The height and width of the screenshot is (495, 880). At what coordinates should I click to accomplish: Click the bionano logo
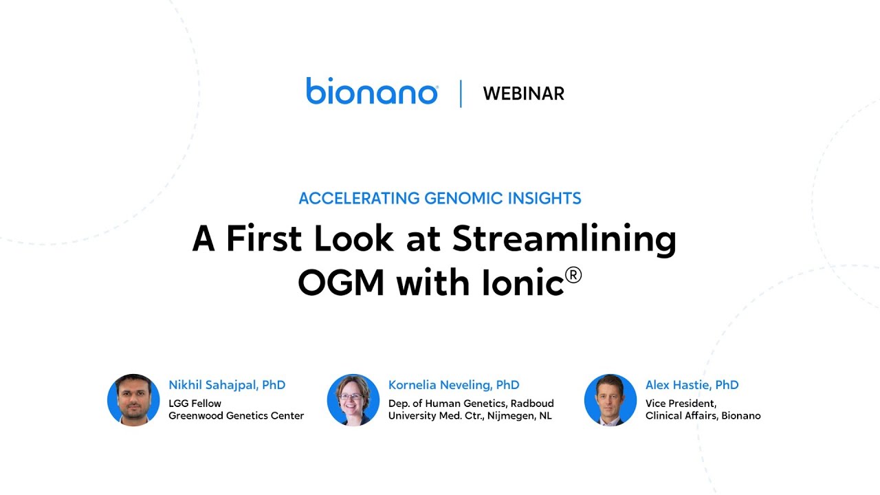pos(372,92)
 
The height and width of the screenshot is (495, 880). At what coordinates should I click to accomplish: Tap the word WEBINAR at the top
pos(523,93)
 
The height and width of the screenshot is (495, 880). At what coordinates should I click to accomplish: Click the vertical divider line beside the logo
pos(461,93)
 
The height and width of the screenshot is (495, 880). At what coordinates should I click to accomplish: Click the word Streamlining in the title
pos(564,239)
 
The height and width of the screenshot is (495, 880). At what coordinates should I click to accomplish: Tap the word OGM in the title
pos(341,283)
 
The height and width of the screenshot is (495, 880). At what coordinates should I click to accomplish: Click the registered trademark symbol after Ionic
pos(573,275)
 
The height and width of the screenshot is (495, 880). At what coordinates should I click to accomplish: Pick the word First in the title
pos(265,239)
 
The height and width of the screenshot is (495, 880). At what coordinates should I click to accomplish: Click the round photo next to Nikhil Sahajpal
pos(133,400)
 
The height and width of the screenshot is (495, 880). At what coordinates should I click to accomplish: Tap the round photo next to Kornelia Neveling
pos(353,400)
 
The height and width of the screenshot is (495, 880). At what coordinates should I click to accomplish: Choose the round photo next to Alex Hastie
pos(610,400)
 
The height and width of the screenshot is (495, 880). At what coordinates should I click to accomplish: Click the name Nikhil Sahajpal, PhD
pos(227,385)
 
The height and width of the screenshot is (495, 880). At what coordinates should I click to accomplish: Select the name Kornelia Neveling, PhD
pos(454,385)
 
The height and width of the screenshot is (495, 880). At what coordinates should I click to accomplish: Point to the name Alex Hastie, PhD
pos(692,385)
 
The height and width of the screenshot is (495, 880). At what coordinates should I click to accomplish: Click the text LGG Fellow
pos(195,404)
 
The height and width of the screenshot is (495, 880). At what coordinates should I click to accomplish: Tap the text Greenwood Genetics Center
pos(236,415)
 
